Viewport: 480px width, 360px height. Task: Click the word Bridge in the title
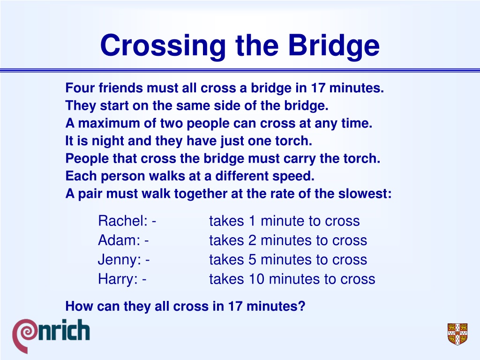tap(334, 45)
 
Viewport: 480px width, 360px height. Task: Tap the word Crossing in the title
tap(163, 45)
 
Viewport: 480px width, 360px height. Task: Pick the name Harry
tap(118, 279)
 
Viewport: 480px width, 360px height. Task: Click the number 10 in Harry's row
tap(256, 279)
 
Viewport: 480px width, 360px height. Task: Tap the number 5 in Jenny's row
tap(252, 260)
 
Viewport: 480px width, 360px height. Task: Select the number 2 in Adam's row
tap(252, 240)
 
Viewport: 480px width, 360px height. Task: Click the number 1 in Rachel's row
tap(252, 221)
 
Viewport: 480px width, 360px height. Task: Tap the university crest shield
tap(457, 334)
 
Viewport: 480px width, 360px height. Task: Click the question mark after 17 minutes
tap(302, 306)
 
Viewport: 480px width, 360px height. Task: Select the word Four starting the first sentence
tap(80, 88)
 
